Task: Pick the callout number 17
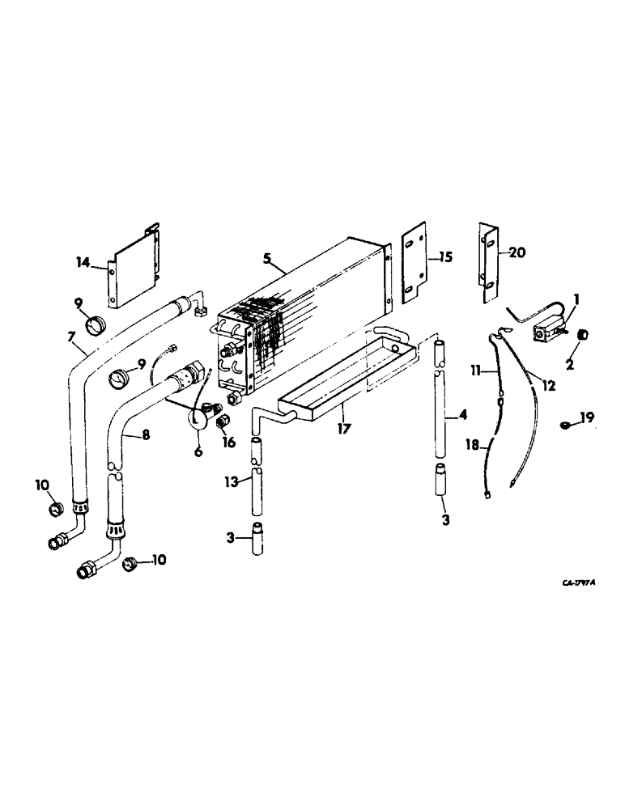(x=343, y=429)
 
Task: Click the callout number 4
(x=463, y=417)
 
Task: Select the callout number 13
(x=232, y=482)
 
